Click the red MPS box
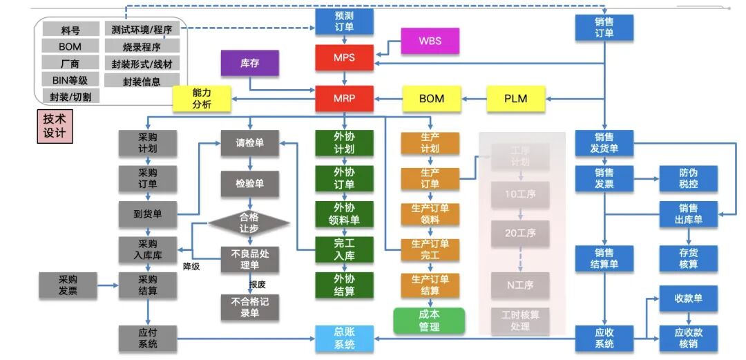pos(344,57)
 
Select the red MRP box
pos(344,98)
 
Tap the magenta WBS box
pos(430,41)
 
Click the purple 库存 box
pos(249,63)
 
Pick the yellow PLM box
pos(516,98)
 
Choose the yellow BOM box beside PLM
pos(432,98)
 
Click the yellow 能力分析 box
pos(202,98)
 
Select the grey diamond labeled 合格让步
pos(249,222)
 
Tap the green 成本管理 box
pos(429,321)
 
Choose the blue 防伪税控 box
pos(688,178)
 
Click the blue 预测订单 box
pos(344,21)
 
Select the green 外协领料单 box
pos(344,214)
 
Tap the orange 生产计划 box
pos(430,142)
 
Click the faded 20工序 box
pos(520,234)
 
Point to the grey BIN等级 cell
pos(70,80)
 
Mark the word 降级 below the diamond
pos(191,266)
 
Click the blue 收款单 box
pos(688,299)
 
